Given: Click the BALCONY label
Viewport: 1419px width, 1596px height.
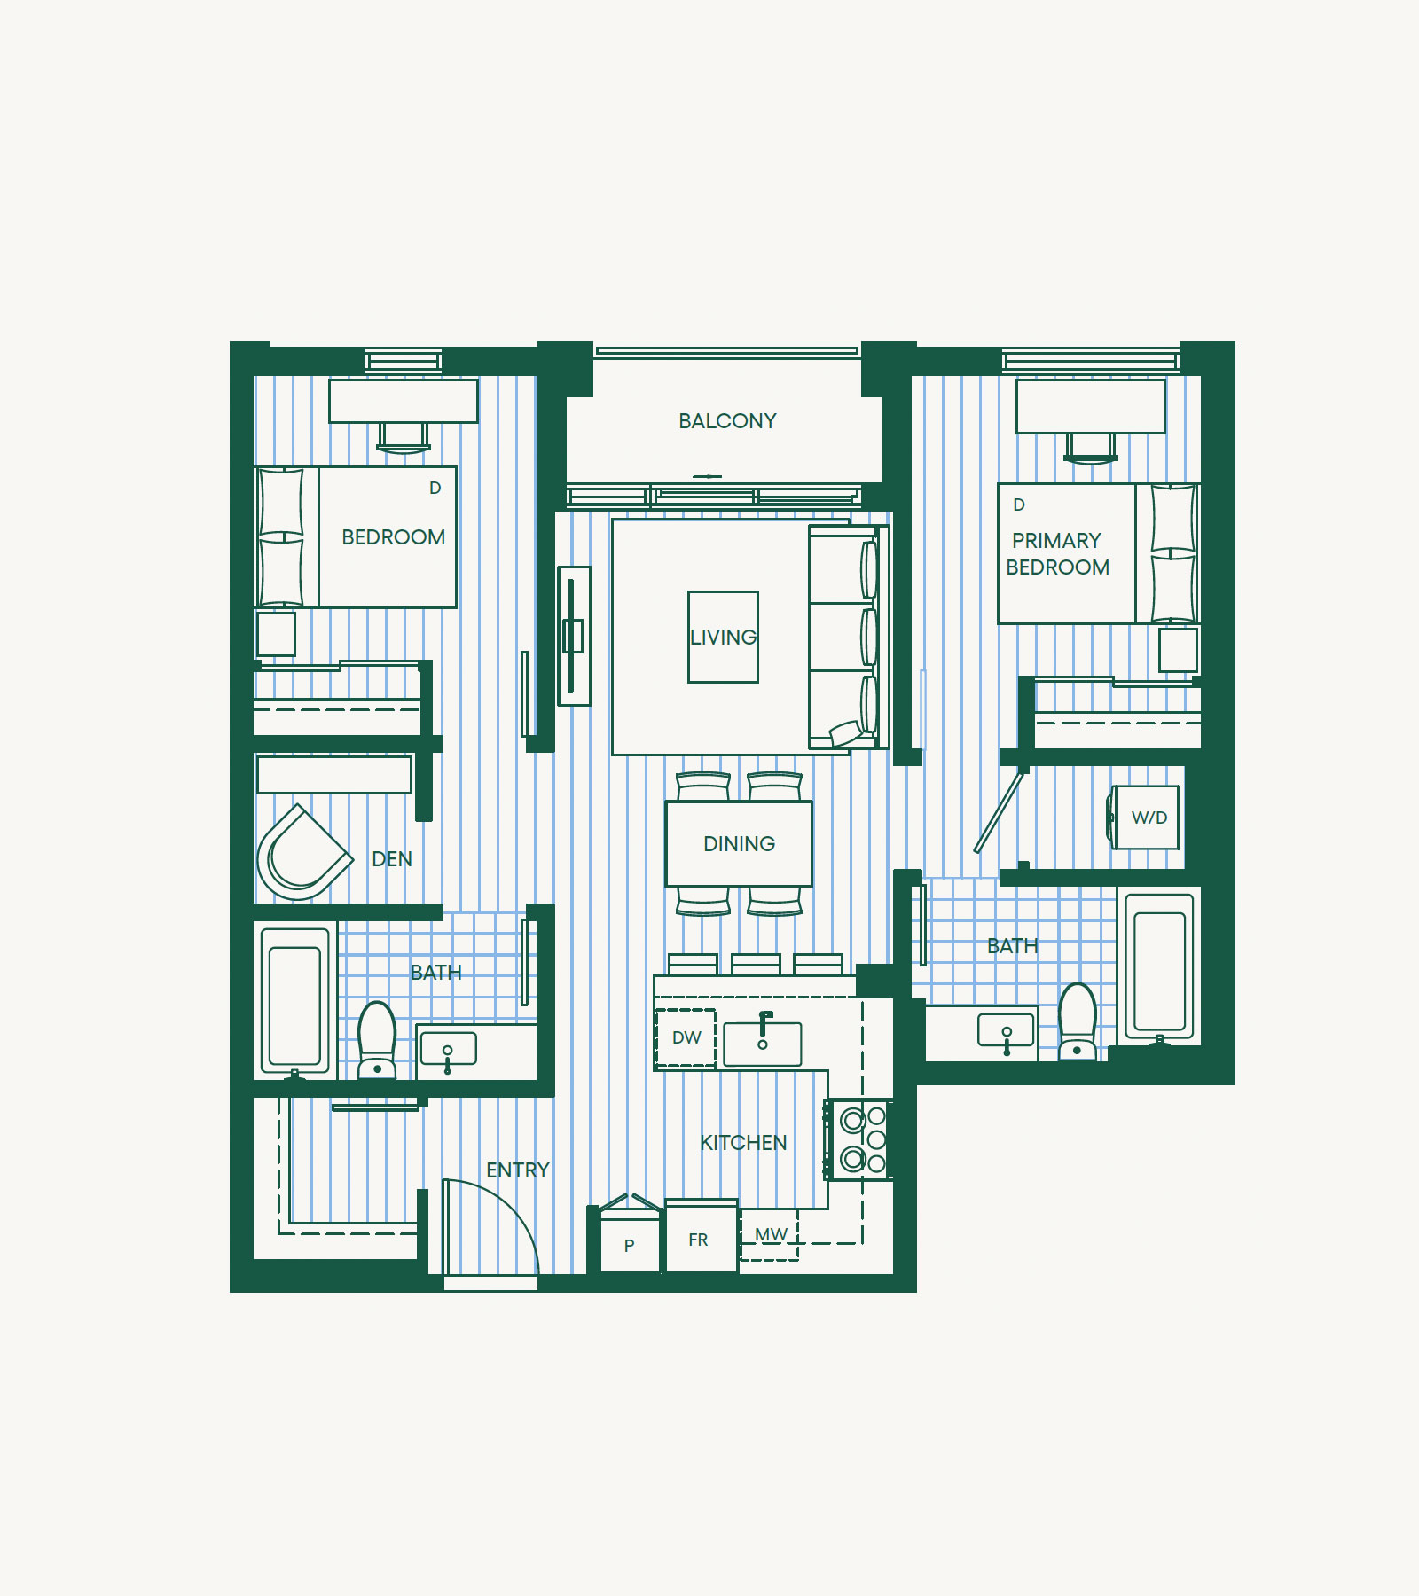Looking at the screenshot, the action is coord(727,421).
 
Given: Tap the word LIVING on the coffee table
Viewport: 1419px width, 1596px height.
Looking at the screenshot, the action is coord(723,638).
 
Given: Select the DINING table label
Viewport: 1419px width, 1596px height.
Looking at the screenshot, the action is coord(739,844).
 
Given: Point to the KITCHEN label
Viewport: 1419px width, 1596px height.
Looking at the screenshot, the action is coord(743,1143).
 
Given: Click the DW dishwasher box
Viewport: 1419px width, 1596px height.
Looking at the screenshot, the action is coord(686,1038).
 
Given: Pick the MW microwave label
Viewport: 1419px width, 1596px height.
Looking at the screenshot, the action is coord(771,1234).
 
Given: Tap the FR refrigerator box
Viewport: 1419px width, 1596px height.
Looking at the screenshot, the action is coord(701,1237).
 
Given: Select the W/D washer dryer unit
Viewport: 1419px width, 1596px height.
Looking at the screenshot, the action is coord(1146,818).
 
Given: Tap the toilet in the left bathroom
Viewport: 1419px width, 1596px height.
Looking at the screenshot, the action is coord(377,1040).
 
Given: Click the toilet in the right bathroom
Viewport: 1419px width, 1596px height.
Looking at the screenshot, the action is coord(1078,1021).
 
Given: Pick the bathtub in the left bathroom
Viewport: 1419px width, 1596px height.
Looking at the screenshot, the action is coord(295,999).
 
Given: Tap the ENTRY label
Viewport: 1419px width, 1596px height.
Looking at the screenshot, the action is coord(518,1170).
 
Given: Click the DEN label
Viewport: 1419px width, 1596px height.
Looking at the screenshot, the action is coord(392,859).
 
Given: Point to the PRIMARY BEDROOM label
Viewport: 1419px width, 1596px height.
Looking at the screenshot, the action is coord(1057,554).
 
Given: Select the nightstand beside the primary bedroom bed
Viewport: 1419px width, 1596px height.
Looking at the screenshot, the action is coord(1179,650).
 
